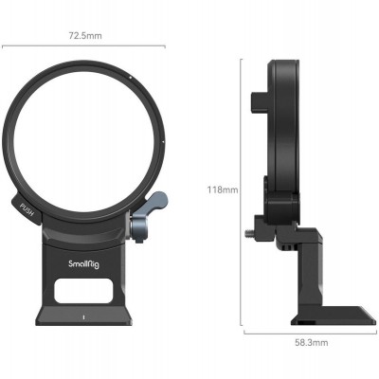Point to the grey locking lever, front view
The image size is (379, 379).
153,206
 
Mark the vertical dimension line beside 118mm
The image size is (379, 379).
241,189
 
